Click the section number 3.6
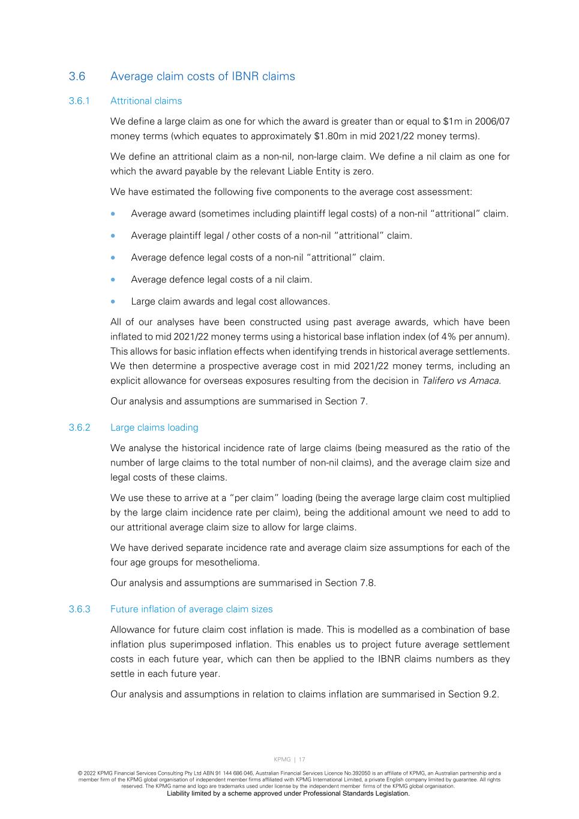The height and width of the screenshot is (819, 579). (x=77, y=76)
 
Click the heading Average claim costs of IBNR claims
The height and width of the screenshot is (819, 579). (x=203, y=76)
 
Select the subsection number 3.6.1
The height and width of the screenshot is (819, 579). (x=79, y=101)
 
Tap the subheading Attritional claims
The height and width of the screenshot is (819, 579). (x=146, y=101)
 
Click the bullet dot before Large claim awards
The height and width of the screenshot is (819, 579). (x=113, y=301)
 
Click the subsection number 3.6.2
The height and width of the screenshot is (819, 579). (x=79, y=427)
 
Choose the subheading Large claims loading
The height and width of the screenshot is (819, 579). (x=154, y=427)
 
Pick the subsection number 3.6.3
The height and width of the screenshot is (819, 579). (x=79, y=609)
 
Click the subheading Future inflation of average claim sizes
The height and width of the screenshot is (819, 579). (x=191, y=609)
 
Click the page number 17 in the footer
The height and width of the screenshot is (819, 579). (x=302, y=760)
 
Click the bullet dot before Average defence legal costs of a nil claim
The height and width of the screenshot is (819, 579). (x=113, y=280)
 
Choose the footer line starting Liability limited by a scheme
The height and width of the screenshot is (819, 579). (x=288, y=793)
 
